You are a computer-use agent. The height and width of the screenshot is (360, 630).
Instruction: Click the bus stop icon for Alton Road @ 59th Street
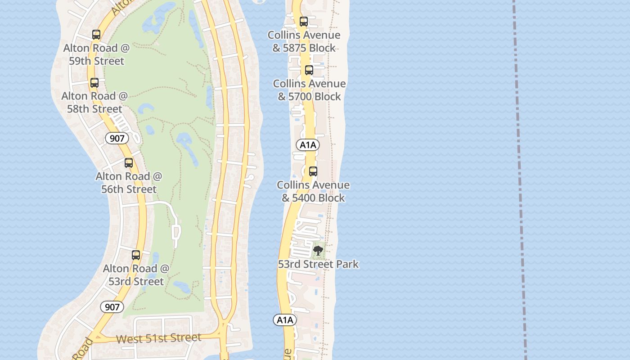click(96, 35)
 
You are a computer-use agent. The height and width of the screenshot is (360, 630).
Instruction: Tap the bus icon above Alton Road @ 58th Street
click(94, 83)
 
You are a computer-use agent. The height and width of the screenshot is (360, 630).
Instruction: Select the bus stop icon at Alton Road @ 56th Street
click(129, 163)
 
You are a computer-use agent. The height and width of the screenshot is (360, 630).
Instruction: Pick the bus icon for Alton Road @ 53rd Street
click(136, 255)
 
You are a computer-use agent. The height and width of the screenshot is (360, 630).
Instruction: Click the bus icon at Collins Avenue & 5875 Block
click(304, 22)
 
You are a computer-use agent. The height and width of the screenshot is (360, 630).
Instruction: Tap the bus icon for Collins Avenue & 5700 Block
click(309, 70)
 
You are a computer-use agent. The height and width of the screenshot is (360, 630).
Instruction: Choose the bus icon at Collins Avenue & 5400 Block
click(313, 171)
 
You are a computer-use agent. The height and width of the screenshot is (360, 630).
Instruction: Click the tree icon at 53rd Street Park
click(318, 251)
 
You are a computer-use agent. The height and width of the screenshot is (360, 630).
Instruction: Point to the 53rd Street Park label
click(318, 264)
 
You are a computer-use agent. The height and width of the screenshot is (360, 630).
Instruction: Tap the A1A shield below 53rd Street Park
click(285, 320)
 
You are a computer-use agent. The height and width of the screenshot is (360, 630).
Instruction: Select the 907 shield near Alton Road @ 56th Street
click(117, 138)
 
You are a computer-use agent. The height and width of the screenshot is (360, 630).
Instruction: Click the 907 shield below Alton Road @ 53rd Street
click(112, 307)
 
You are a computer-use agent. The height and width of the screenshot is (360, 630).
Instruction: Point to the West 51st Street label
click(158, 338)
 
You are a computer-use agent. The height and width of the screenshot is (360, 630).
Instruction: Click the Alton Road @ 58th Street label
click(94, 103)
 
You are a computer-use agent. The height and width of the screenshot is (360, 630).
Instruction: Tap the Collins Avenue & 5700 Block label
click(310, 90)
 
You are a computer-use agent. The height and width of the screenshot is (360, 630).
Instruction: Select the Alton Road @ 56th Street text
click(129, 183)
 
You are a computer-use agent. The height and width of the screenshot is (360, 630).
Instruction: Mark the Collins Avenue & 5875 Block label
click(304, 41)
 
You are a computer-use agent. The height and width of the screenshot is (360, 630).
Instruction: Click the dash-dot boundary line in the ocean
click(520, 180)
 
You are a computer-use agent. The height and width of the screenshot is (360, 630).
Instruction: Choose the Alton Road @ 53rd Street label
click(136, 275)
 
